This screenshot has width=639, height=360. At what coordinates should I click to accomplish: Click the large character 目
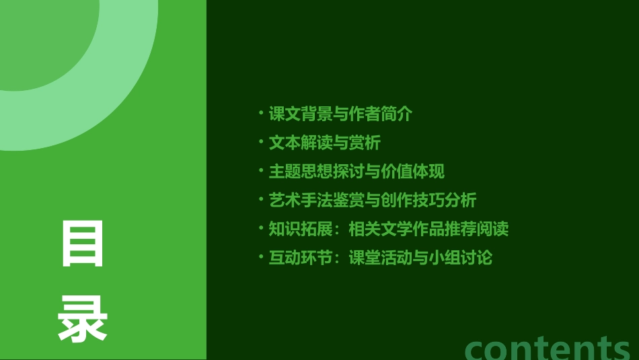coord(83,244)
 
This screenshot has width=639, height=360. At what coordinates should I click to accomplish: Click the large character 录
coord(83,320)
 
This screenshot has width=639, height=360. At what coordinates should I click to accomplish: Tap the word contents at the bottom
coord(548,347)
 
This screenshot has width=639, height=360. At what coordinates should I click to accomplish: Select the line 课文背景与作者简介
coord(340,114)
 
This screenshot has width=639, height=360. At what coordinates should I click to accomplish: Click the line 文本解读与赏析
coord(325,143)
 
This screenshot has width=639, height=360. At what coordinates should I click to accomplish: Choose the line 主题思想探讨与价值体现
coord(356,172)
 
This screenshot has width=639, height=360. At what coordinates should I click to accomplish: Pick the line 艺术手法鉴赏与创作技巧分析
coord(373,200)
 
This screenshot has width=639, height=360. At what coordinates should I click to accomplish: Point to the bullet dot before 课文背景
coord(261,113)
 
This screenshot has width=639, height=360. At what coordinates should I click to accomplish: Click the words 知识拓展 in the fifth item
coord(301,229)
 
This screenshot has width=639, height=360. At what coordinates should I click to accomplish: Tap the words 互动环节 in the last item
coord(301,257)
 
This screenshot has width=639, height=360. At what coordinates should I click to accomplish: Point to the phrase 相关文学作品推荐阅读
coord(428,229)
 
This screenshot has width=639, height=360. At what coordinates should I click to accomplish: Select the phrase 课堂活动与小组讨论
coord(420,257)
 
